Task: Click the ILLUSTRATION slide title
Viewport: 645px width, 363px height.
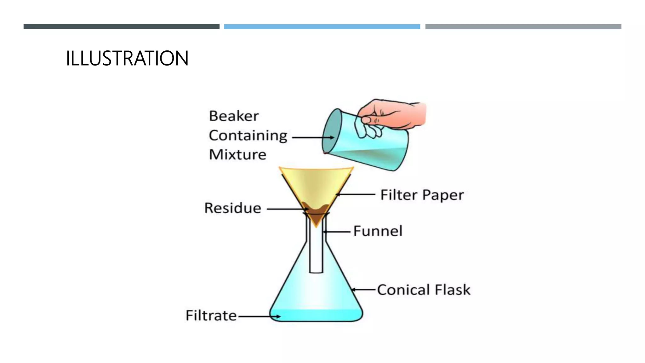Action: [x=127, y=58]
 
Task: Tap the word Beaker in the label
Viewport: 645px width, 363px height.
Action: [x=234, y=116]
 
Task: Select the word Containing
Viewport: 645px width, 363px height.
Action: [x=248, y=135]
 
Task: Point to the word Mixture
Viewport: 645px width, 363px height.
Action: [x=237, y=154]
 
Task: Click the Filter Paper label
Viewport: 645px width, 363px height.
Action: [x=422, y=195]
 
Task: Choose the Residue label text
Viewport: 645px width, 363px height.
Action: [x=232, y=208]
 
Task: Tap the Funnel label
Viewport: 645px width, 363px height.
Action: [x=378, y=231]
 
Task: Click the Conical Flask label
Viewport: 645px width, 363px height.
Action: [x=424, y=290]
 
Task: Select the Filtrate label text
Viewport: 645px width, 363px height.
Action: [x=211, y=315]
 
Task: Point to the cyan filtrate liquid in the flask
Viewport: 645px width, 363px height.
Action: [x=316, y=315]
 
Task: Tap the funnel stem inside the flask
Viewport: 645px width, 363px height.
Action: [x=316, y=252]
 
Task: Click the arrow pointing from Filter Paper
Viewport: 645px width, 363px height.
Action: [x=355, y=194]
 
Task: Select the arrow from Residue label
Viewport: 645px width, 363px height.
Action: [x=287, y=209]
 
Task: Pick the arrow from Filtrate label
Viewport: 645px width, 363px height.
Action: [x=259, y=316]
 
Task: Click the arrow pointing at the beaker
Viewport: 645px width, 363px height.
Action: [x=313, y=137]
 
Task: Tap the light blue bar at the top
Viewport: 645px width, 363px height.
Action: [x=322, y=27]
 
